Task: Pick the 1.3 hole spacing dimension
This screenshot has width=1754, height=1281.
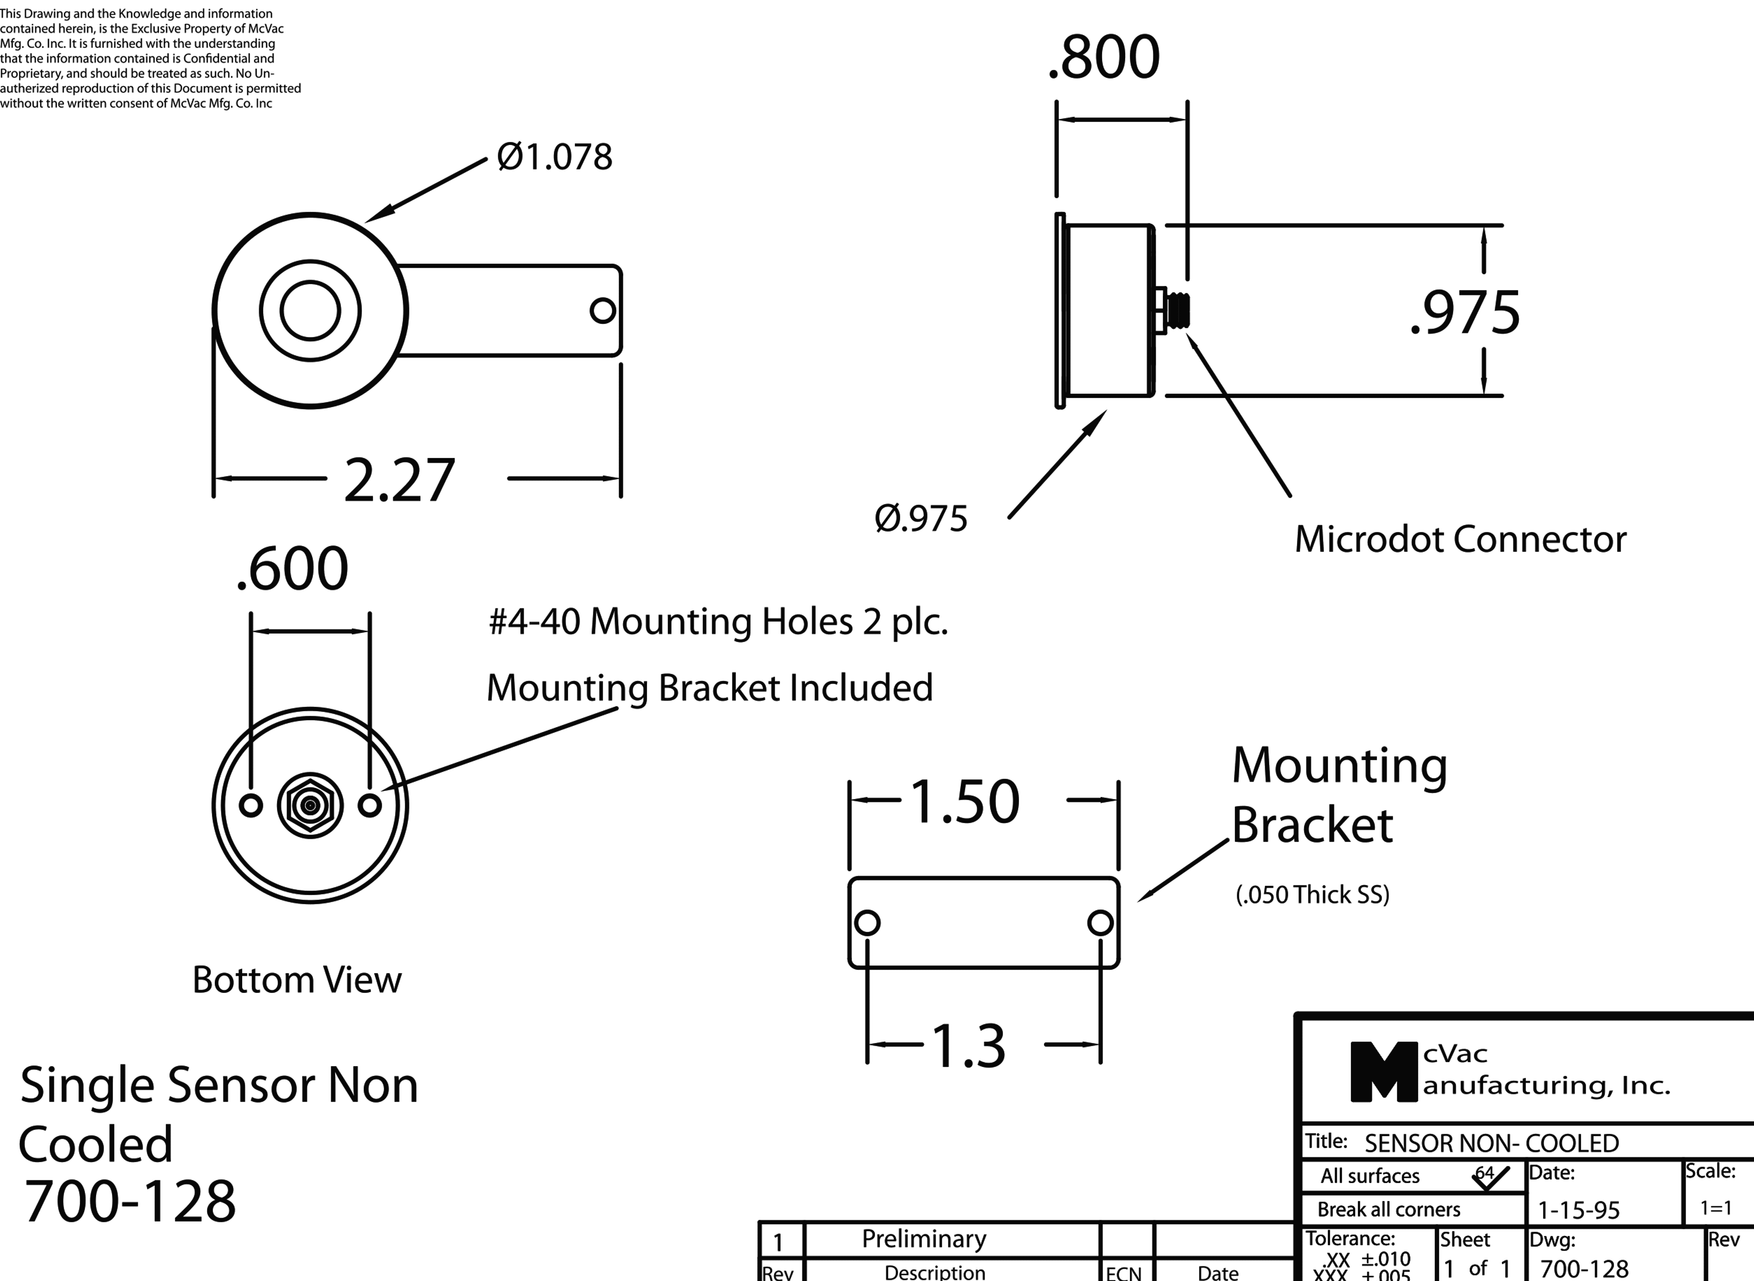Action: point(968,1046)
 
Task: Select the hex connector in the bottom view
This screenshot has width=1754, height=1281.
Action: point(310,805)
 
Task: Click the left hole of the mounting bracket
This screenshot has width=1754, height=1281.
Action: point(867,923)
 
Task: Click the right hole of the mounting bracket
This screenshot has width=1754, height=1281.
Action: point(1100,923)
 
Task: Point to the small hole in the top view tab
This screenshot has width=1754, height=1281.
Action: point(602,310)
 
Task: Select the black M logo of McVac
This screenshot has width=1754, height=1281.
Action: point(1383,1071)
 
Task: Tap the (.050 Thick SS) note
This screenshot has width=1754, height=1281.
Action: point(1312,895)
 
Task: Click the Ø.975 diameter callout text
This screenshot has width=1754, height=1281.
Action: point(921,519)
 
